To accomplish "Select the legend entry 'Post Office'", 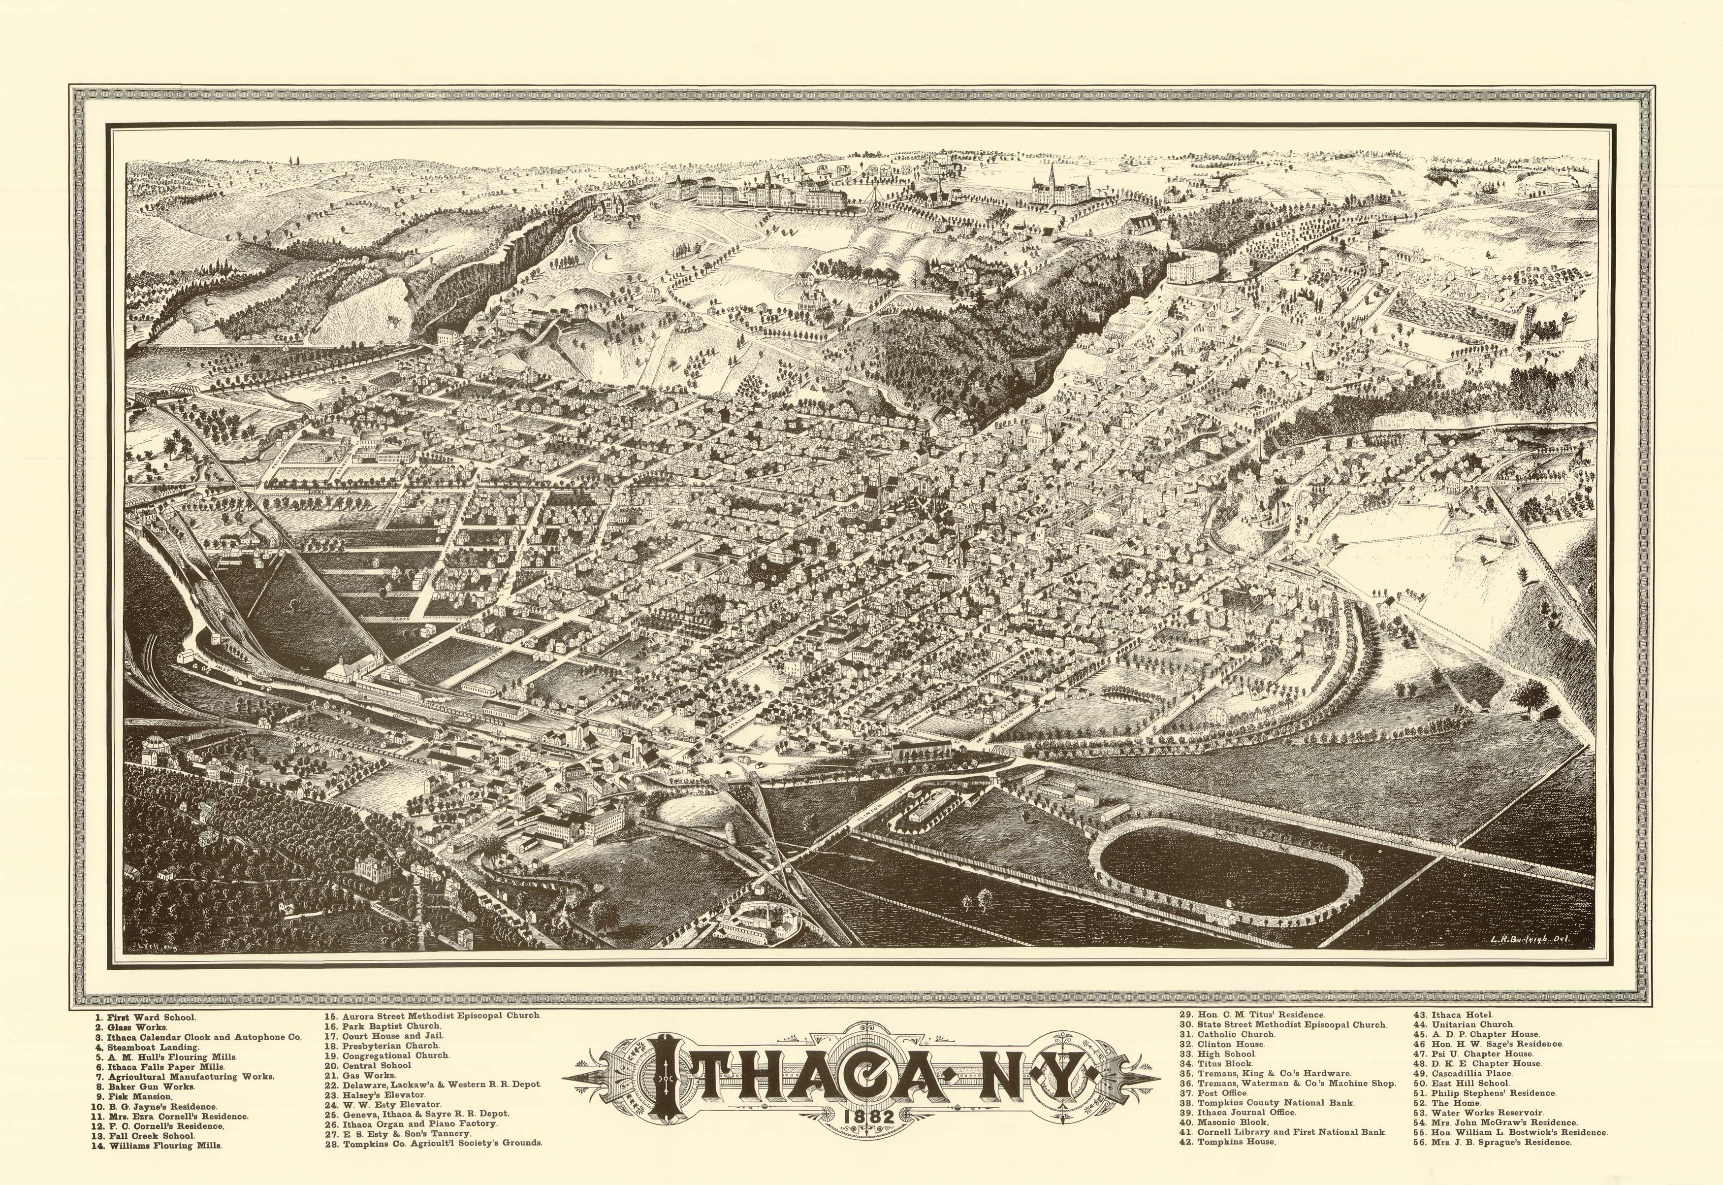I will click(1224, 1093).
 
